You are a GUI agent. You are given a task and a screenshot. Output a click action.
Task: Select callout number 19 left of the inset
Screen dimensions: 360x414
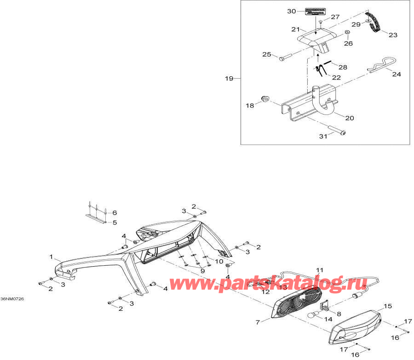click(229, 79)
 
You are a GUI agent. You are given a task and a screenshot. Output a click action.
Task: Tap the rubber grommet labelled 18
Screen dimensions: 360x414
click(265, 99)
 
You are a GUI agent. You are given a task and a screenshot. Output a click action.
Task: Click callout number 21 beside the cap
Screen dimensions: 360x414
click(295, 29)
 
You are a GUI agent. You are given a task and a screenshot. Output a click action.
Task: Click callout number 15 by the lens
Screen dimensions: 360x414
click(387, 306)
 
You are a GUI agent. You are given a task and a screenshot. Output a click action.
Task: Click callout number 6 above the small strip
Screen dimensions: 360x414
click(115, 212)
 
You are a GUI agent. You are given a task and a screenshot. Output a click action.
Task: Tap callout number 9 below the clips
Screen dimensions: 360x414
click(201, 271)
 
